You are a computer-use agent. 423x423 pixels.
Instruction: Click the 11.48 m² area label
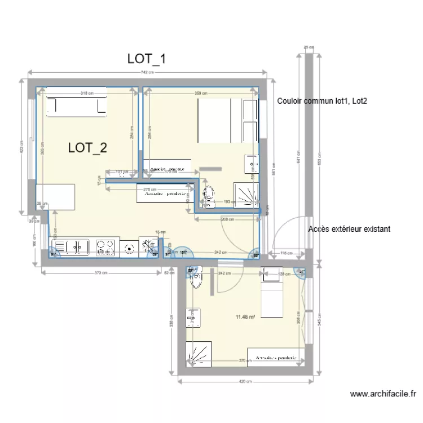click(246, 318)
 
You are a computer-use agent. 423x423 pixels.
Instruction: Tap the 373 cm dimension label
click(100, 273)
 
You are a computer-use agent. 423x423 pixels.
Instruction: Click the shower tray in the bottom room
click(199, 353)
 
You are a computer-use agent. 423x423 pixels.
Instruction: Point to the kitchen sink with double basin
click(71, 246)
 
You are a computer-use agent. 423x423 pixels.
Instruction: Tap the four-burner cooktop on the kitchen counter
click(105, 246)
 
